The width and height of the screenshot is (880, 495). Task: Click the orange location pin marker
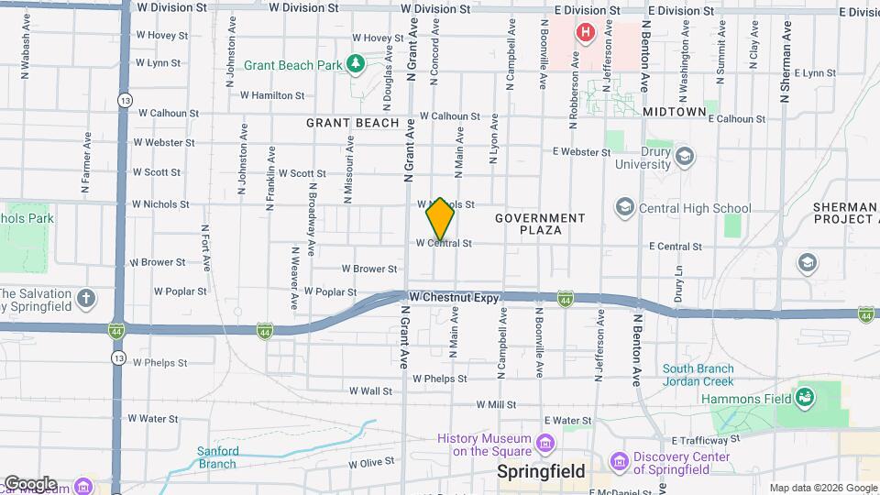coord(440,218)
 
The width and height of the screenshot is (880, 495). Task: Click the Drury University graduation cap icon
coord(684,157)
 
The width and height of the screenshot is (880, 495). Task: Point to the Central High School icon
coord(625,208)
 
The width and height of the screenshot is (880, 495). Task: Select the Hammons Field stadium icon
coord(805,398)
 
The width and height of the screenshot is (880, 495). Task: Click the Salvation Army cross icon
coord(86,299)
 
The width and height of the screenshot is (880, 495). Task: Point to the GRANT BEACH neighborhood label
coord(353,123)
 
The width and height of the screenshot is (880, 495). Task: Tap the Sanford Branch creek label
coord(218,456)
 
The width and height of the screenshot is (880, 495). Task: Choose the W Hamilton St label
coord(272,94)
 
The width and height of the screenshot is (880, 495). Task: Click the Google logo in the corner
coord(30,483)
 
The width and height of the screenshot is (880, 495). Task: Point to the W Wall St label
coord(370,390)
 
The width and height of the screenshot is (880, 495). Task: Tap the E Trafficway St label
coord(707,440)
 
